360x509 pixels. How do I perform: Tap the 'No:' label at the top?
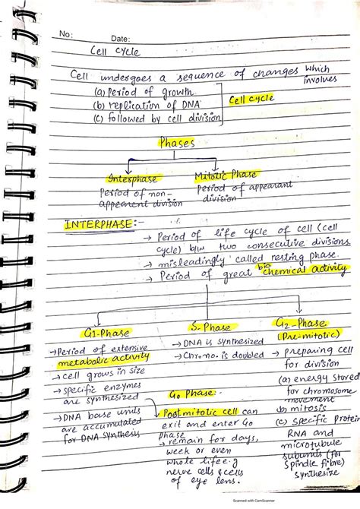click(66, 33)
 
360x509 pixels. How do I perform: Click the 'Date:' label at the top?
click(121, 38)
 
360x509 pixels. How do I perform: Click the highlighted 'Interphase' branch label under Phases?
click(132, 179)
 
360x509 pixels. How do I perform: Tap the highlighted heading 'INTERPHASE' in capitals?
click(96, 225)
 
